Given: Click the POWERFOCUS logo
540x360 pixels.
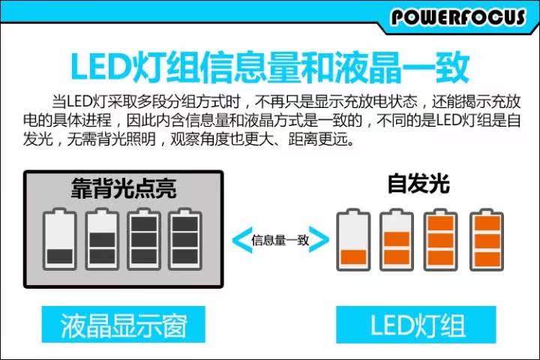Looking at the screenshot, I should pyautogui.click(x=457, y=16).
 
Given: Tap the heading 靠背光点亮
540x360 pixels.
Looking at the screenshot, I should pyautogui.click(x=124, y=187).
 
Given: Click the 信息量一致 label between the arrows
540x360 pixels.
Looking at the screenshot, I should pyautogui.click(x=280, y=240).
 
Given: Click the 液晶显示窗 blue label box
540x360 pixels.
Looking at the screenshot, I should pyautogui.click(x=123, y=325).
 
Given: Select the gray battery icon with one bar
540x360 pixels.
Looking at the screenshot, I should pyautogui.click(x=59, y=238).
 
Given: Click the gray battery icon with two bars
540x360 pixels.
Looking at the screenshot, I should pyautogui.click(x=101, y=238).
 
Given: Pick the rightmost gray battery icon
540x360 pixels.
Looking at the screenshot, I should pyautogui.click(x=184, y=238).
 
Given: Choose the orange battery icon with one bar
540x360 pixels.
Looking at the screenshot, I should pyautogui.click(x=352, y=239).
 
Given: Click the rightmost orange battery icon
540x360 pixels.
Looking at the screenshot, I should pyautogui.click(x=486, y=239).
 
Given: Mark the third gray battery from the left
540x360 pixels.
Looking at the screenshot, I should pyautogui.click(x=142, y=238).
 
